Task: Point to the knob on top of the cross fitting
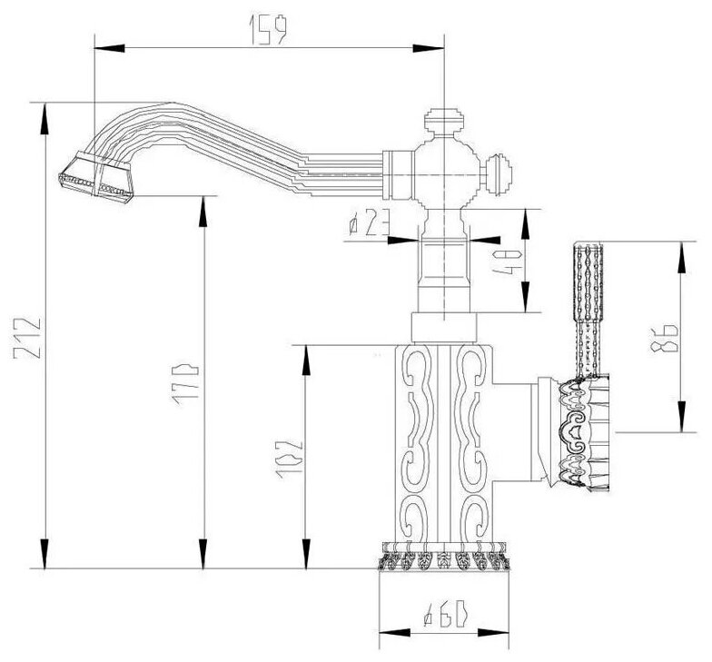[444, 119]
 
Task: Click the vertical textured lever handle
[587, 304]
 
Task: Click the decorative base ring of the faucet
[444, 556]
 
